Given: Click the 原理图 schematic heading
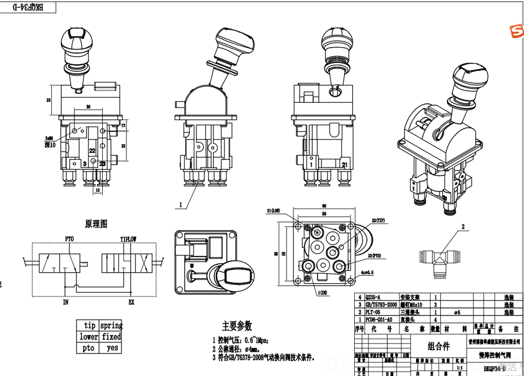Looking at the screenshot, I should (96, 224).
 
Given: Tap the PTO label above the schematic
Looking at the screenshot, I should (70, 239).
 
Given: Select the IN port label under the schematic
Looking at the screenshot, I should (66, 302).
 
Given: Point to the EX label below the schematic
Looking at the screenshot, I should (132, 302).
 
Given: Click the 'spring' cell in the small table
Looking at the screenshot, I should (111, 326).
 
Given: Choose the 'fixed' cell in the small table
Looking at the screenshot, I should (111, 337).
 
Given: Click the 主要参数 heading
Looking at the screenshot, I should (236, 326).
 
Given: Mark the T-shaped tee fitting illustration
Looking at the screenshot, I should (439, 259).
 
